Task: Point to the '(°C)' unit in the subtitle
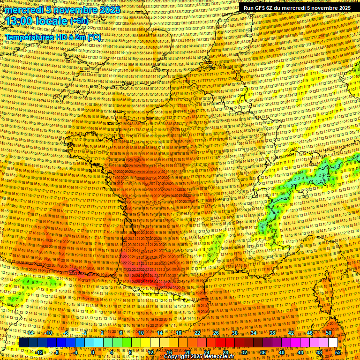[x=94, y=37]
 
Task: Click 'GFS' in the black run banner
[x=267, y=8]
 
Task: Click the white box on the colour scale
[x=333, y=343]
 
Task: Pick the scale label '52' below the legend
[x=338, y=352]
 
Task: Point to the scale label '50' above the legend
[x=329, y=333]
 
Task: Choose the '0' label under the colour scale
[x=93, y=352]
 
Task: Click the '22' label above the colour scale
[x=197, y=333]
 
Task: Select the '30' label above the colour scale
[x=235, y=333]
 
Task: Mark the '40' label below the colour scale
[x=282, y=352]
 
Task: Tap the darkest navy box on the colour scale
[x=23, y=343]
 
